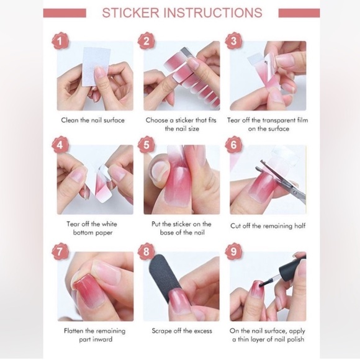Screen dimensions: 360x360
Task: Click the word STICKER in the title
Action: (x=130, y=12)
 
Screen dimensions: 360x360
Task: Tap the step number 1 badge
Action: (x=60, y=42)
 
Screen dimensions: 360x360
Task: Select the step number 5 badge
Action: (x=146, y=145)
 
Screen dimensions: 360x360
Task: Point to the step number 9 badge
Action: (x=233, y=251)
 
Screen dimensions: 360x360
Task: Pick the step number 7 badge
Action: (x=60, y=251)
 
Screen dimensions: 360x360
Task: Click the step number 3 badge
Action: (x=233, y=42)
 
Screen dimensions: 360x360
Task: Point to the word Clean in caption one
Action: (x=70, y=120)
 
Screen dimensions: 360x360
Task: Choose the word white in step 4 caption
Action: (x=109, y=224)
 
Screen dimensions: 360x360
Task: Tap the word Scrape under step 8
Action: (x=161, y=331)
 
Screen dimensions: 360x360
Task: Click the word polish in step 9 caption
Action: (x=295, y=340)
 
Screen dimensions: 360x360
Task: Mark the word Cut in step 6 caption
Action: (x=235, y=226)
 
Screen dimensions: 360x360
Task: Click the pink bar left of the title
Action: (x=65, y=13)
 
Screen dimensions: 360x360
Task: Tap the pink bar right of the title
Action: (x=299, y=13)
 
